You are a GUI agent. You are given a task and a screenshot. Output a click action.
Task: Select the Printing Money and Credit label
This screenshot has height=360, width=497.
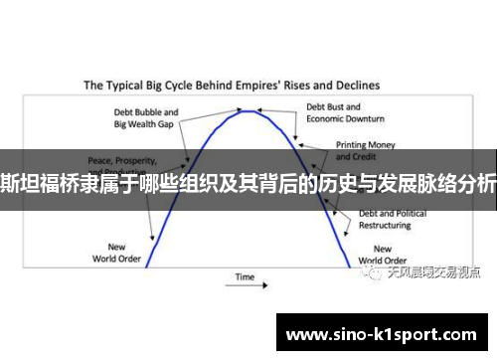pyautogui.click(x=359, y=150)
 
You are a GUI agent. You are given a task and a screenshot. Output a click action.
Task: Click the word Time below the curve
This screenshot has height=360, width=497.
pyautogui.click(x=245, y=275)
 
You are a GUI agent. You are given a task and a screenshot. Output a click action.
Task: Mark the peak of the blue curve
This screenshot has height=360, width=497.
pyautogui.click(x=248, y=111)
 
